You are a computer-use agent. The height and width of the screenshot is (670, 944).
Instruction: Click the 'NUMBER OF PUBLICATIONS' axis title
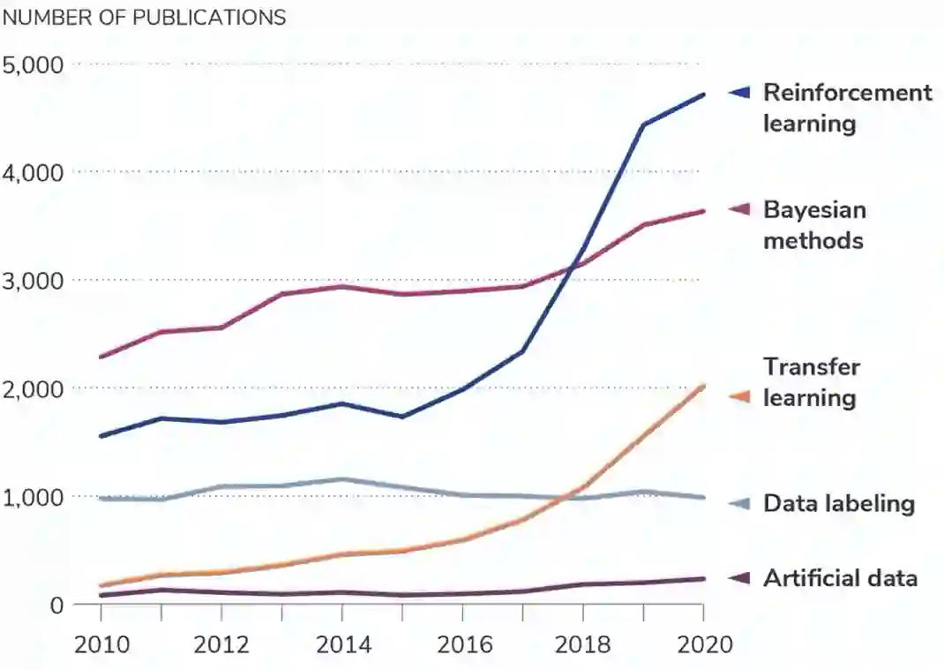145,18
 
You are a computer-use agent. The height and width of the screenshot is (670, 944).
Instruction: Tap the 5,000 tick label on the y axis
33,64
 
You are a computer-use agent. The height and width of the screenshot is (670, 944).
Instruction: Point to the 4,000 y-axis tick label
33,172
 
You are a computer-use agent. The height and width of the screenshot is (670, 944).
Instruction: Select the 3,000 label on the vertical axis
33,281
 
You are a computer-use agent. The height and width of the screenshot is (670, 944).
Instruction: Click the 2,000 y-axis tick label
33,389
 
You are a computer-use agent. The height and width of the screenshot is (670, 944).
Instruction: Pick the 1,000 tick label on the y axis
33,498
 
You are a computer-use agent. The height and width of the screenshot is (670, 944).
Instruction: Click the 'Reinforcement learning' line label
846,108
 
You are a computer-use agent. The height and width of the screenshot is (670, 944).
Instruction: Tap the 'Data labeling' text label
838,504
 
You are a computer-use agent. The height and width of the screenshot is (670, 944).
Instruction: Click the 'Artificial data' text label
840,578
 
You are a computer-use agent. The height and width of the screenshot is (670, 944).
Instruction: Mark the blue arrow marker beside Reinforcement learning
739,92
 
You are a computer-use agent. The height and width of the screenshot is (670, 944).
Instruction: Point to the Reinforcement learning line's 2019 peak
643,124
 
